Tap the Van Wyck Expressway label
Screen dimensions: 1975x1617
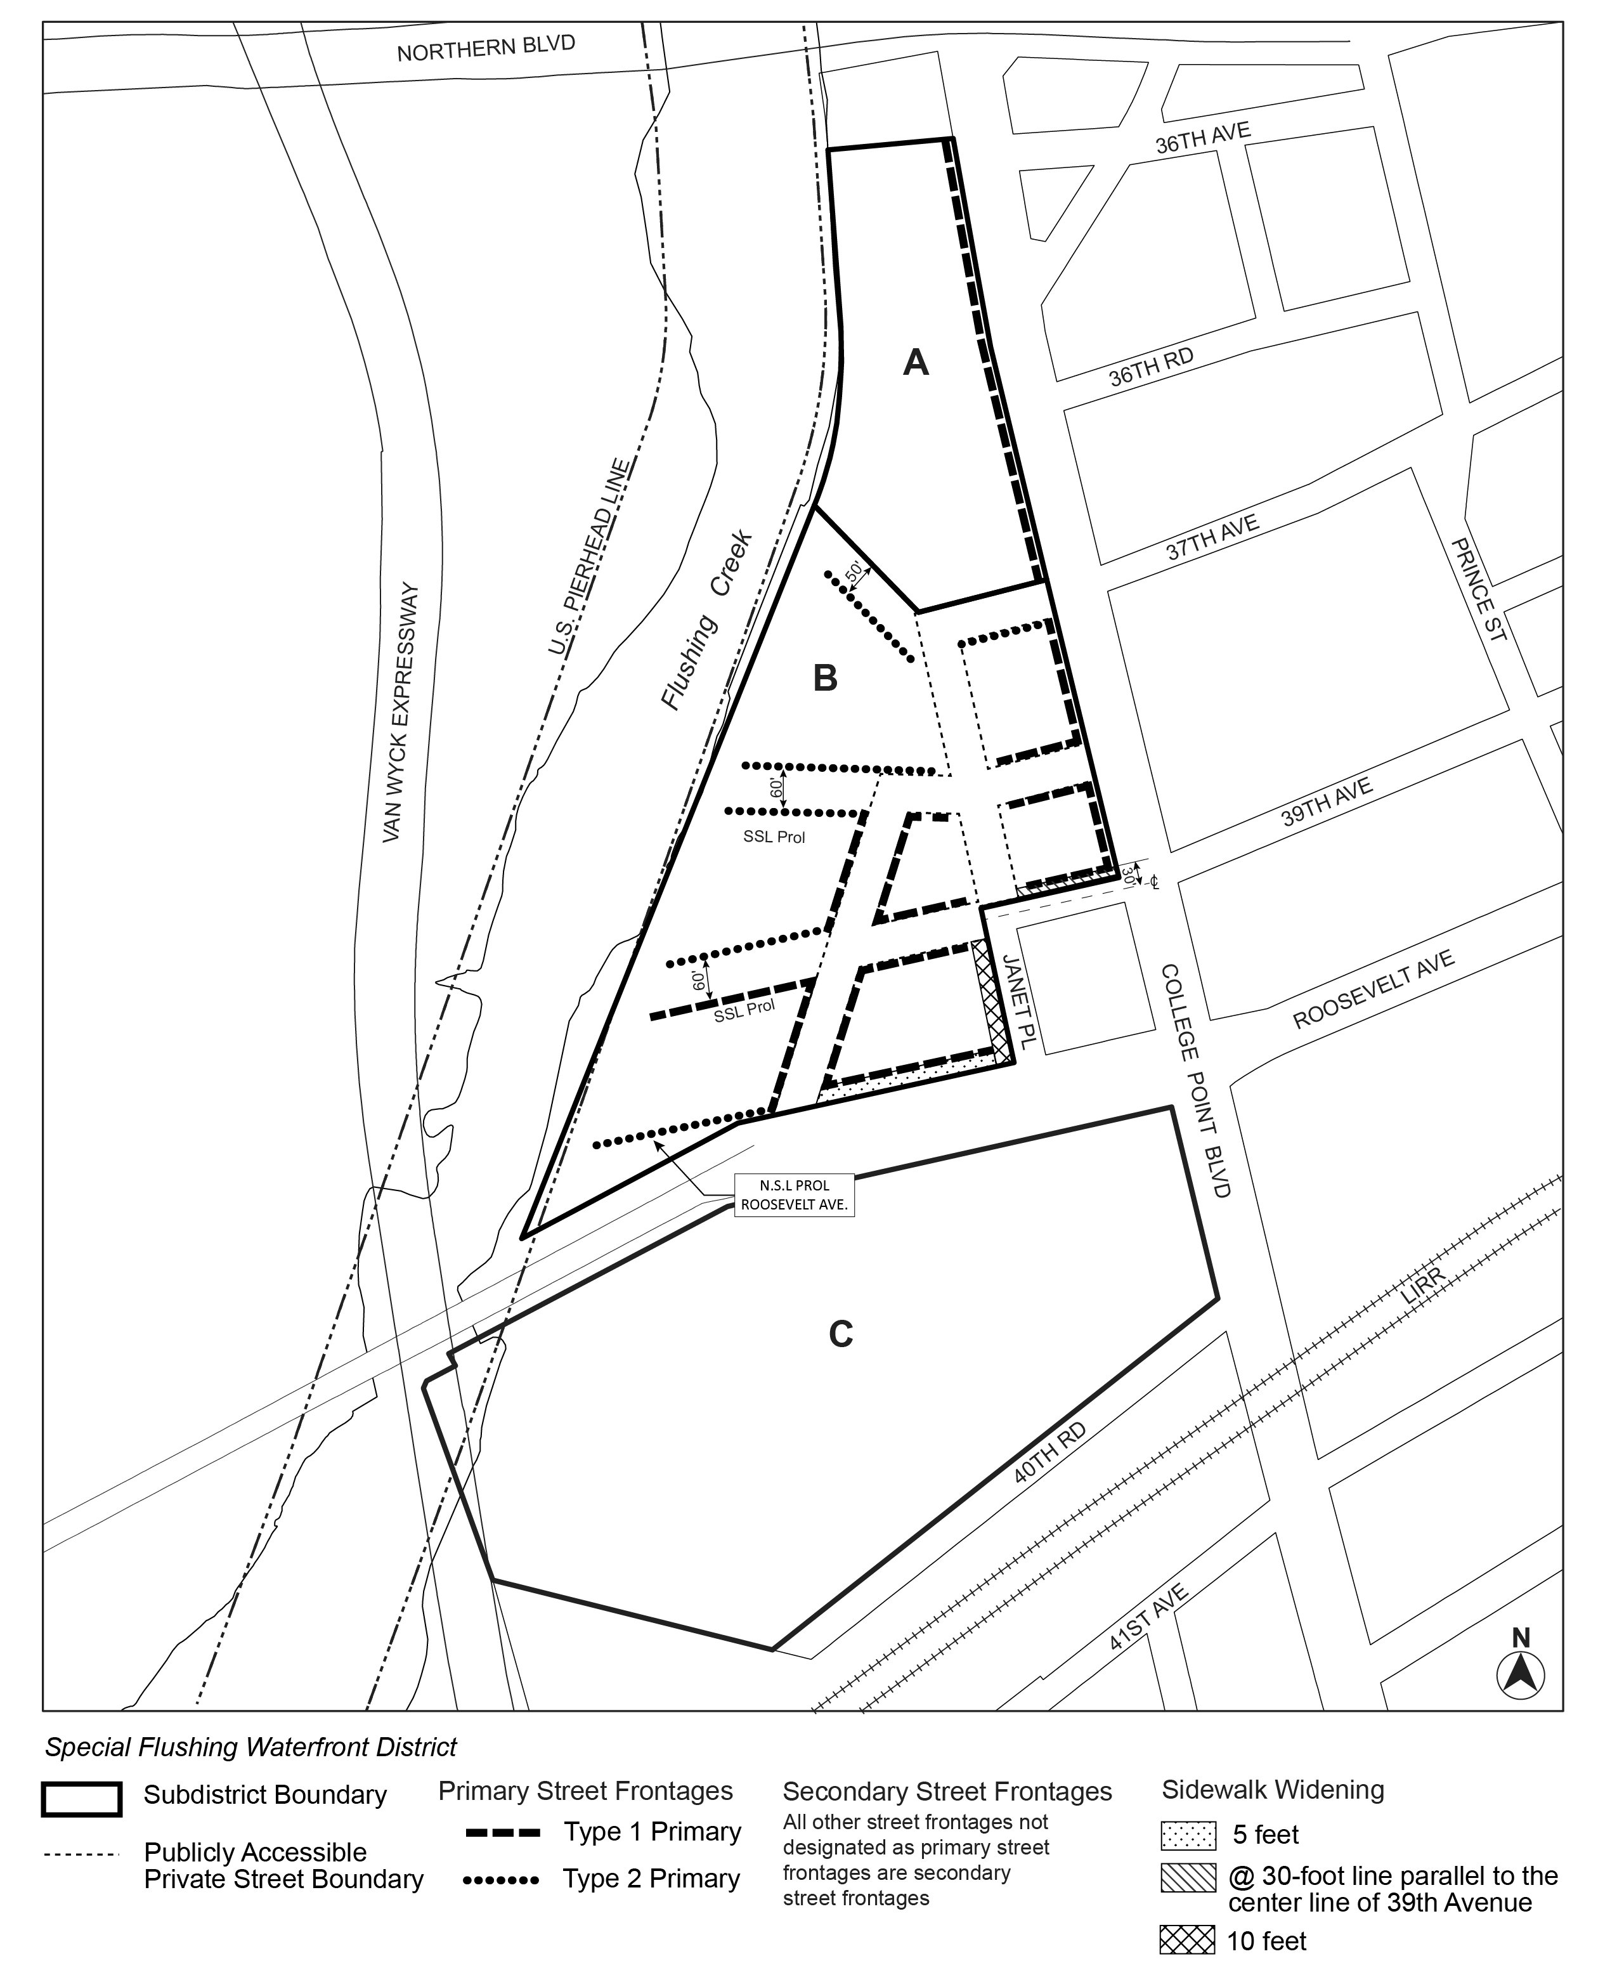click(403, 714)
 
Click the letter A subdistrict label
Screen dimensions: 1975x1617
click(916, 362)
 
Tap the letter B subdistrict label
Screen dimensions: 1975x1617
click(825, 678)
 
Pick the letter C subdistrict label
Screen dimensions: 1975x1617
click(840, 1334)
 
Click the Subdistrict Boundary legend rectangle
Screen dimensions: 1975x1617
click(81, 1799)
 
